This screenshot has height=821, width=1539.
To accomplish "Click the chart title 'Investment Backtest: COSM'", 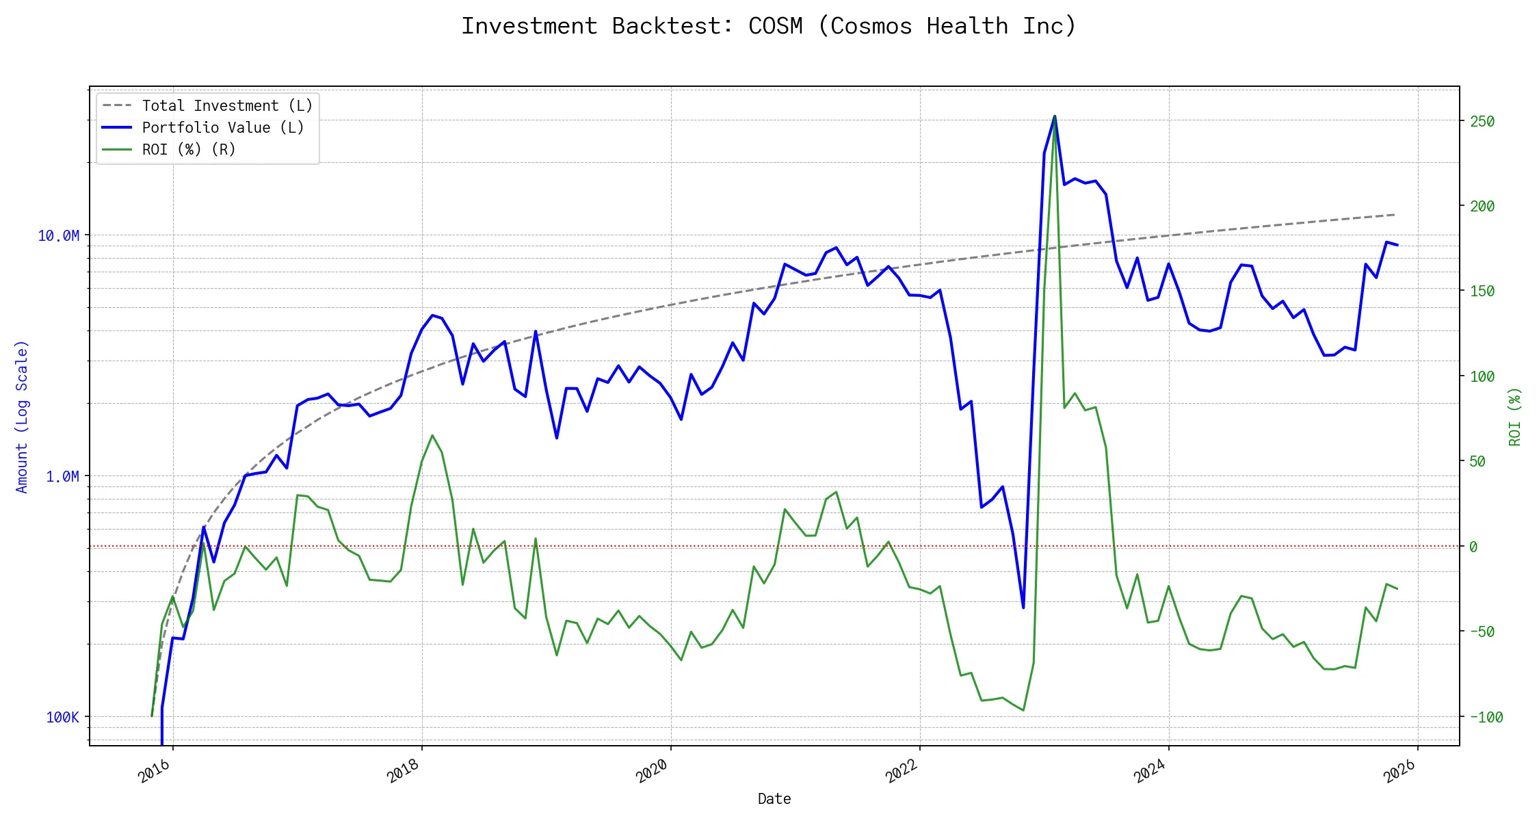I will (768, 26).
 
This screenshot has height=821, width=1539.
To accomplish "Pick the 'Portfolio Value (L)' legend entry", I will (223, 128).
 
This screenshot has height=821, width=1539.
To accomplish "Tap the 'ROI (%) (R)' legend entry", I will (189, 150).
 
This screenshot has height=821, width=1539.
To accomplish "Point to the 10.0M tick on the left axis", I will (59, 236).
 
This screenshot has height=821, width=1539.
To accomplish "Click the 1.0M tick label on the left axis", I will (63, 477).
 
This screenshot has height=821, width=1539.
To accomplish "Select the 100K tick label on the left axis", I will (63, 718).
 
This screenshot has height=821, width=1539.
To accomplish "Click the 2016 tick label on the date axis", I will (155, 772).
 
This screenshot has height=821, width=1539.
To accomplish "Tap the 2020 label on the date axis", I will (652, 772).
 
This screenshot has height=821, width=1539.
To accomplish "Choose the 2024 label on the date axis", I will (1150, 772).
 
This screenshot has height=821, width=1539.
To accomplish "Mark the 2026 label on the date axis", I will (1399, 772).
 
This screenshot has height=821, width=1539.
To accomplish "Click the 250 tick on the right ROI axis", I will (1483, 122).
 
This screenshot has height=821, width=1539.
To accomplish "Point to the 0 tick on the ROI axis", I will (1473, 547).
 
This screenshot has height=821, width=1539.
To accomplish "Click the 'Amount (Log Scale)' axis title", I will (22, 417).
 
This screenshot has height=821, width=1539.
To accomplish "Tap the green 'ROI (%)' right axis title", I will (1515, 417).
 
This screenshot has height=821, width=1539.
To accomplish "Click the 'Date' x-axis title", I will (774, 799).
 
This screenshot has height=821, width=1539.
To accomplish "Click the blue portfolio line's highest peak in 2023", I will (1055, 117).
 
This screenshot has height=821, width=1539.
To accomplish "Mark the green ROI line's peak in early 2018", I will (432, 435).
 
